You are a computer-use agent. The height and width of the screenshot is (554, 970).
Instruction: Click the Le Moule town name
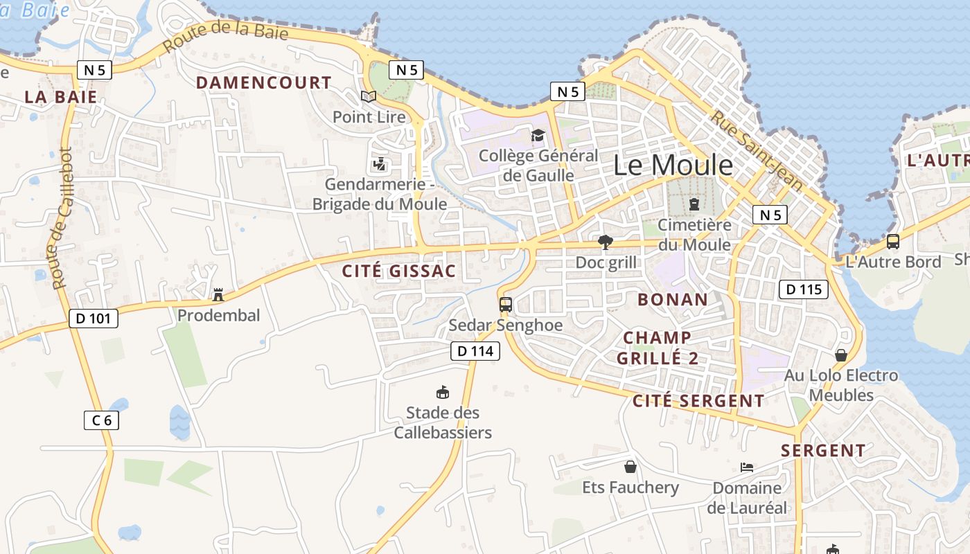673,165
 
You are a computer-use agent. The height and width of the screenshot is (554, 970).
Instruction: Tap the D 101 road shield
94,319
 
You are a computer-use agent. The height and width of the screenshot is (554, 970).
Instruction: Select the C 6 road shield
101,420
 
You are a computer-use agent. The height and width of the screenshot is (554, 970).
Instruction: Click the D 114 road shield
476,351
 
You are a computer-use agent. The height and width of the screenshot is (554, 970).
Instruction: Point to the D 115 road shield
804,289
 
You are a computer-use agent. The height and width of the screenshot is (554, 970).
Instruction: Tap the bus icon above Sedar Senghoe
506,304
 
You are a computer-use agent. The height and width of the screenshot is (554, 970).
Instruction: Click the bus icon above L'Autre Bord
893,242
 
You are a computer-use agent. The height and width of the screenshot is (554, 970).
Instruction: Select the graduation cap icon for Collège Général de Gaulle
538,135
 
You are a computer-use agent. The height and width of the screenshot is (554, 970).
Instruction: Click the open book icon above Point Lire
369,97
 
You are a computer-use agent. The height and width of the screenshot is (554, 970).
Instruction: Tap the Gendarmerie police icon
379,164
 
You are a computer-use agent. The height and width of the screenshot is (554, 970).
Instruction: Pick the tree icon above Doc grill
606,242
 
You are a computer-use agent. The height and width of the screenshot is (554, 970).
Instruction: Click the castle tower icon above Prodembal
218,295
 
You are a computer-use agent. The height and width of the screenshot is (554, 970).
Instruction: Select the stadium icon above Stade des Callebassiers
443,393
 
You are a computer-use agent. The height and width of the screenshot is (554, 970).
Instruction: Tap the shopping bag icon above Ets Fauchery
630,467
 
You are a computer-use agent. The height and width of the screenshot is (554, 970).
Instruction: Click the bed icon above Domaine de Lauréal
747,467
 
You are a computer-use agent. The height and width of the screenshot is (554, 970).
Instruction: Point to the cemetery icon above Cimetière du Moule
694,204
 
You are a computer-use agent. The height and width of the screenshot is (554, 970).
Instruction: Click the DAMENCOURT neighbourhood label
264,82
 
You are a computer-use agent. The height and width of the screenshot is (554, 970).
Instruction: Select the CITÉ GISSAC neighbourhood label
399,271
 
